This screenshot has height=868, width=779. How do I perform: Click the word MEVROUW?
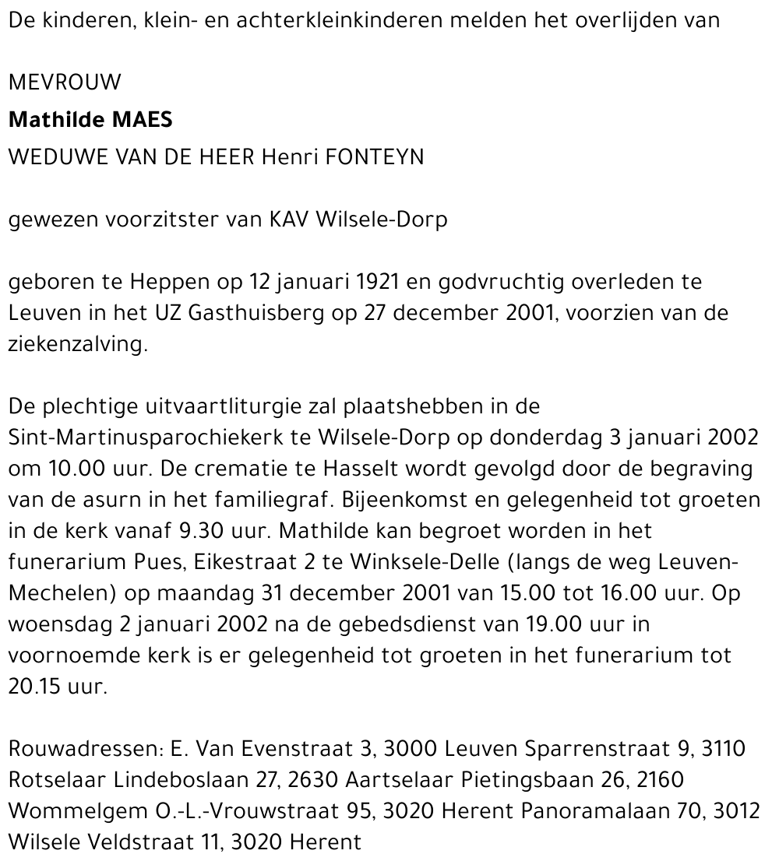click(65, 83)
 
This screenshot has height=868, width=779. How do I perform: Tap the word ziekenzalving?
click(78, 345)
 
